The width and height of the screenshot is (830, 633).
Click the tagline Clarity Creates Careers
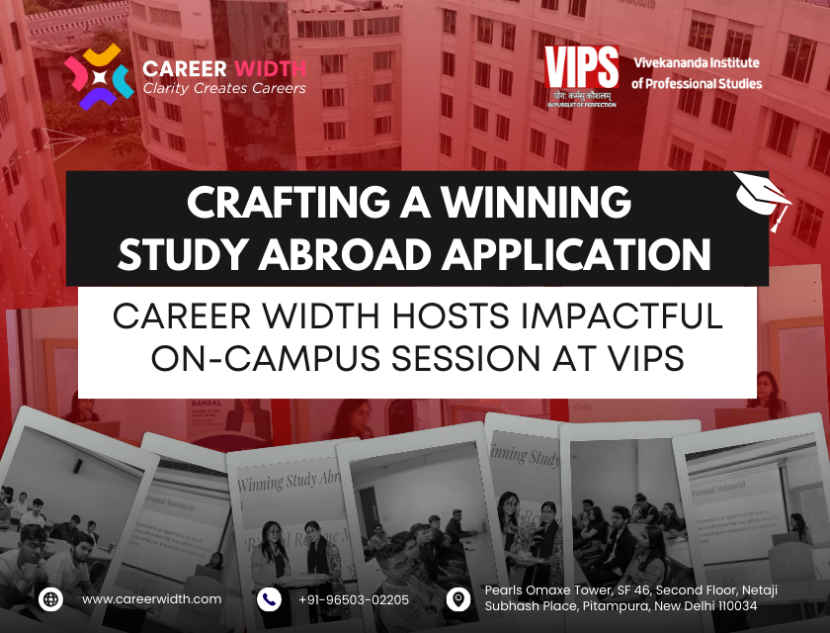tap(224, 88)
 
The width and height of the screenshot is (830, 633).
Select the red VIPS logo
tap(581, 72)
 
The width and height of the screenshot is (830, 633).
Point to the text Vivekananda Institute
tap(696, 63)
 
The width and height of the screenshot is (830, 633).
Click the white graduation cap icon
tap(763, 198)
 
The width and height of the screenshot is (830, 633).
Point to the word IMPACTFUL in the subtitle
tap(622, 316)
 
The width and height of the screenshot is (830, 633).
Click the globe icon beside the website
tap(50, 598)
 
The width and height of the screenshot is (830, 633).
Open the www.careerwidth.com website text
tap(151, 598)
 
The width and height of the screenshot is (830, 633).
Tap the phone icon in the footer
tap(268, 598)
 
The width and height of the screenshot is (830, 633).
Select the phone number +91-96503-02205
tap(353, 598)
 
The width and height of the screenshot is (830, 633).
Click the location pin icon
tap(457, 598)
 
